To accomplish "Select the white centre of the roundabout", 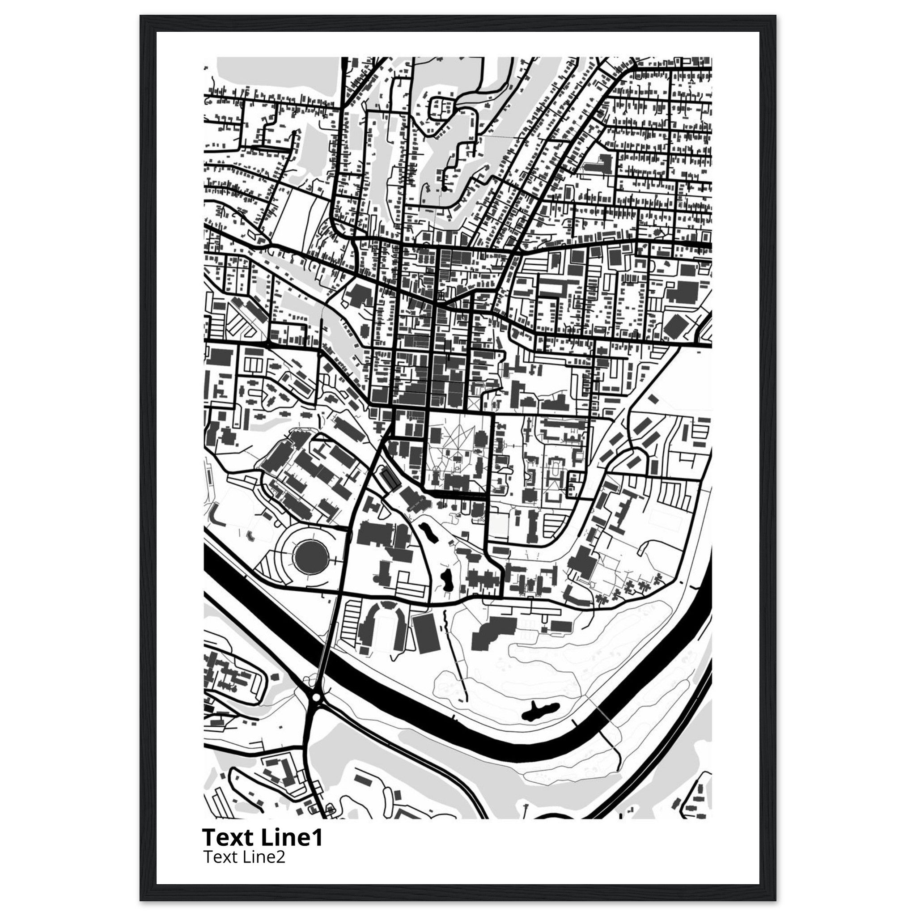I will tap(316, 697).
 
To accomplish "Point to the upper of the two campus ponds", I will tap(430, 531).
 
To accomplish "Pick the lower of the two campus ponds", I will tap(446, 578).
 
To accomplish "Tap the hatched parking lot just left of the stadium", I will tap(351, 622).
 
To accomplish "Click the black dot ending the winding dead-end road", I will tap(444, 189).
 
